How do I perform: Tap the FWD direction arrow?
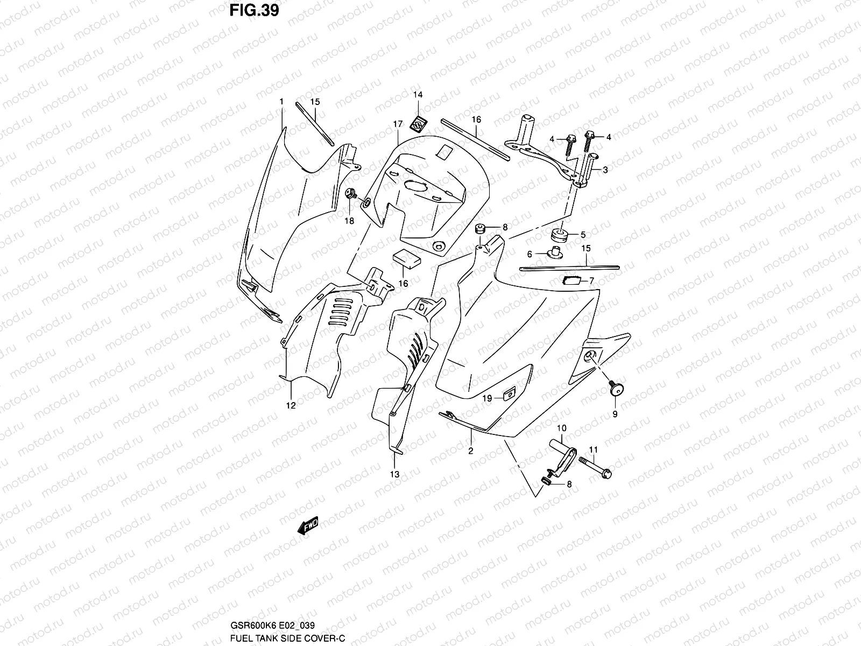(308, 525)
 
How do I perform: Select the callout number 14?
(433, 95)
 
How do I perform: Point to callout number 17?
(397, 124)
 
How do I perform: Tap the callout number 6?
(530, 254)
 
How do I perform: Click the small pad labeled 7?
(570, 279)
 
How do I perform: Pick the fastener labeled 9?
(613, 387)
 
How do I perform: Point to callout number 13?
(395, 474)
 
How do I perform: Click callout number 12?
(291, 406)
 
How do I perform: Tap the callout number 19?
(486, 398)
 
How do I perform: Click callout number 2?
(470, 451)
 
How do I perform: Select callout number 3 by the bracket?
(605, 170)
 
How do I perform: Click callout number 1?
(281, 101)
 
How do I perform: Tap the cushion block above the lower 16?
(407, 258)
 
